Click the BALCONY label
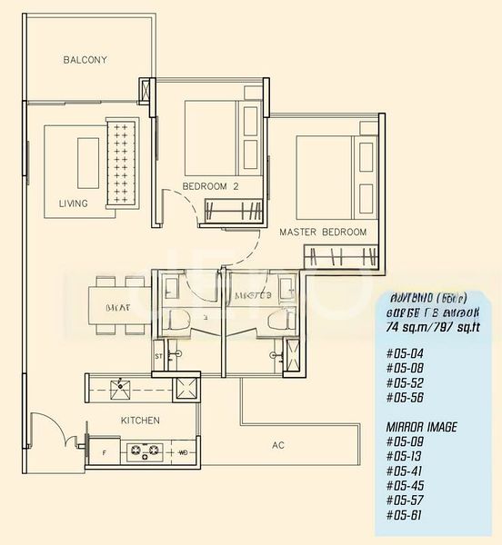(x=85, y=60)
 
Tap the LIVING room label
(x=73, y=203)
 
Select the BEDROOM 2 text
(x=210, y=186)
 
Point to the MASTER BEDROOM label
(x=323, y=233)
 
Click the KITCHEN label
(x=140, y=421)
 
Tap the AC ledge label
(x=280, y=445)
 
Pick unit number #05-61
(x=402, y=515)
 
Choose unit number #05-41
(x=402, y=471)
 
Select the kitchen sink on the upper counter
(x=119, y=389)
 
